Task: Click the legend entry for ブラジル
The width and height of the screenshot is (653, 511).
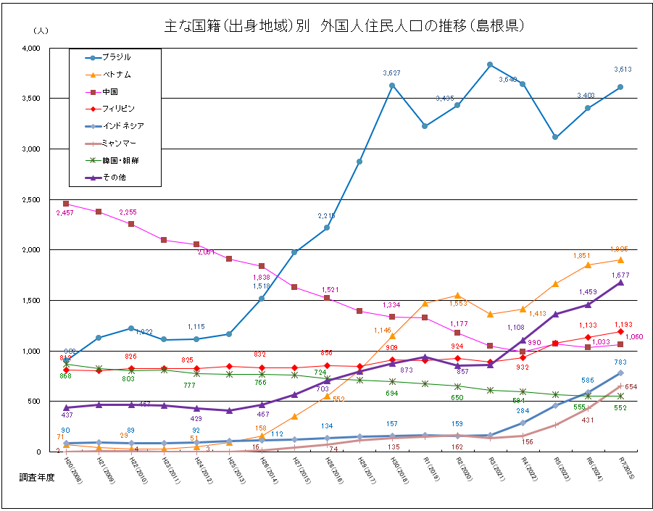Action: coord(116,57)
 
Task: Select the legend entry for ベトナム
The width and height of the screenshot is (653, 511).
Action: coord(116,75)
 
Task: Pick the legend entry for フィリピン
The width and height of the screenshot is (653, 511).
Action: coord(118,109)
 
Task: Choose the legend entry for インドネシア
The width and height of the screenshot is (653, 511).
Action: coord(122,125)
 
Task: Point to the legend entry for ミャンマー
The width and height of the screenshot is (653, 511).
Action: coord(119,143)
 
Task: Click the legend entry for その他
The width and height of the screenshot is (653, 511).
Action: coord(112,176)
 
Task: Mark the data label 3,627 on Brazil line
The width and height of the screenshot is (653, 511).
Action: coord(392,73)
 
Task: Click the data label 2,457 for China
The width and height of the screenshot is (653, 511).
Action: coord(65,213)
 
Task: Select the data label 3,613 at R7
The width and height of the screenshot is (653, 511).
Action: coord(623,70)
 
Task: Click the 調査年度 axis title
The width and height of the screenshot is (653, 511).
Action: coord(36,479)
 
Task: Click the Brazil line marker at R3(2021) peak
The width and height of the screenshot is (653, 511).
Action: coord(490,65)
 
